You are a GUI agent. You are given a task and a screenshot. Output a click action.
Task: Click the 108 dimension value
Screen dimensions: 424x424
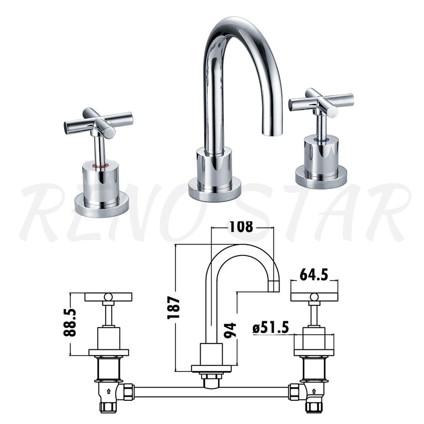[241, 227]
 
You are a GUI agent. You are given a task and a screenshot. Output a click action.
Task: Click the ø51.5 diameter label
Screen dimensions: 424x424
[271, 327]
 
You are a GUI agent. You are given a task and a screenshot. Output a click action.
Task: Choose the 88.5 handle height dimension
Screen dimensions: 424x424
[70, 322]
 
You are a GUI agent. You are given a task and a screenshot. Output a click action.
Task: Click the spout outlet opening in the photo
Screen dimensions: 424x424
[272, 134]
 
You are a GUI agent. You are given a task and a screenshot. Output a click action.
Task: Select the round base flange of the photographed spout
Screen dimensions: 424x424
[215, 189]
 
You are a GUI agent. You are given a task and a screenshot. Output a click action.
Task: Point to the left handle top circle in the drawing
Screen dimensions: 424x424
[108, 296]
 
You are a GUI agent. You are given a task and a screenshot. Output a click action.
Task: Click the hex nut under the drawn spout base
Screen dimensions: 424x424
[212, 377]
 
